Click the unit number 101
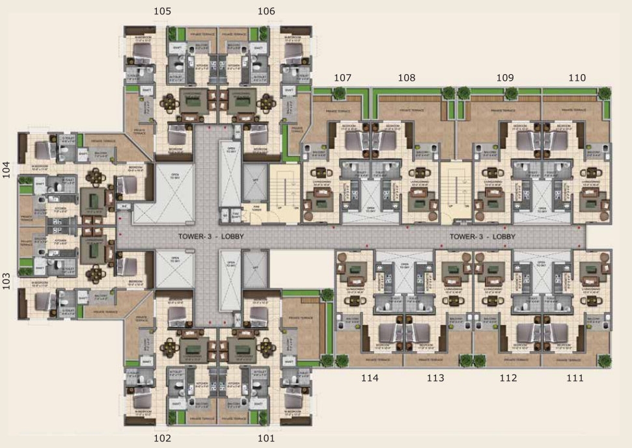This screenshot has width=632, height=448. point(266,438)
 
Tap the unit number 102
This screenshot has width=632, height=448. point(162,438)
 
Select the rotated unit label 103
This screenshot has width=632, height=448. point(7,280)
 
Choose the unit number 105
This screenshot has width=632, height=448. point(163,11)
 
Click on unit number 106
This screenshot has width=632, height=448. point(266,11)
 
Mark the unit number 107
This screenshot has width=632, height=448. point(343,77)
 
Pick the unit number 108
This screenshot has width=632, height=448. point(407,77)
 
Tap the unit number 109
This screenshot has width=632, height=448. point(505,77)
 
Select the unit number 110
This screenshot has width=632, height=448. point(577,77)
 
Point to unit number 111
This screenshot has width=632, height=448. point(575,378)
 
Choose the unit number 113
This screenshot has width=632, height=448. point(435,378)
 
